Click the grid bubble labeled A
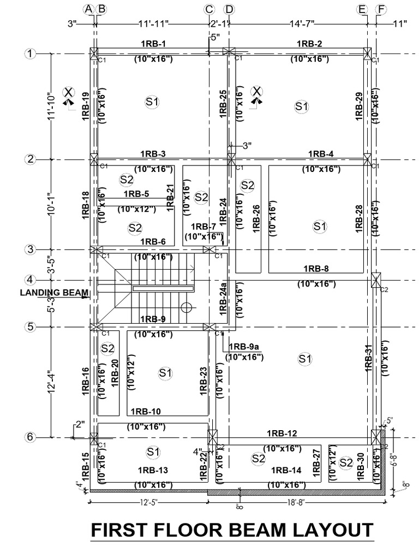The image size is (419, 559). click(88, 9)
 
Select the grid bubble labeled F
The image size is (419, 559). click(381, 9)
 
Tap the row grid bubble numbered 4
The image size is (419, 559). click(29, 279)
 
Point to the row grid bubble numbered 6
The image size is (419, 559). click(29, 437)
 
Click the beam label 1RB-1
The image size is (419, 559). click(153, 44)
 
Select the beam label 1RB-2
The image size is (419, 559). click(309, 44)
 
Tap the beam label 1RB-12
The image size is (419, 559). click(282, 433)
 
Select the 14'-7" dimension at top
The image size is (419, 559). click(297, 23)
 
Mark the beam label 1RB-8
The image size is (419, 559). click(316, 268)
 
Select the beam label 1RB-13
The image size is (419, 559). click(153, 471)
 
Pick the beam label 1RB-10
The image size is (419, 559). click(145, 411)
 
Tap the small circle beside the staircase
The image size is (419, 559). click(187, 307)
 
